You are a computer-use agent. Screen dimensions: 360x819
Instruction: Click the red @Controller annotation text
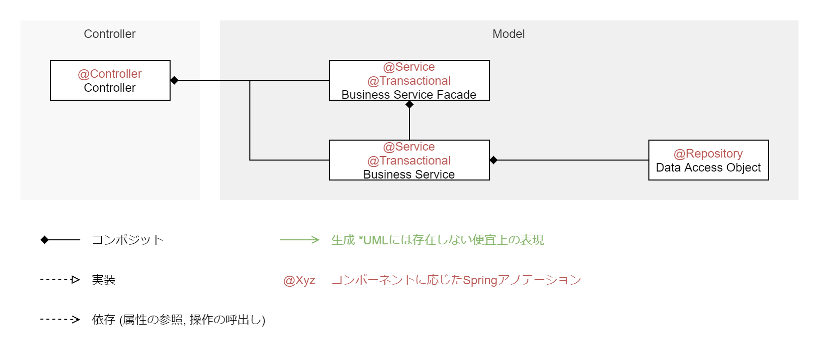coord(110,74)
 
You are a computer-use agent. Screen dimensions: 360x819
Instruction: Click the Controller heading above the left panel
coord(110,34)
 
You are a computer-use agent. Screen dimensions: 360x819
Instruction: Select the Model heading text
coord(508,34)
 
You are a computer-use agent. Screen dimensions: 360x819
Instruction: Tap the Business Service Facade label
coord(409,95)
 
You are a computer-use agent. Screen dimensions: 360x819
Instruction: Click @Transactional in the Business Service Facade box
coord(409,81)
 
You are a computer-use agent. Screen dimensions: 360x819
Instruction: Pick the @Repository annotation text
coord(708,154)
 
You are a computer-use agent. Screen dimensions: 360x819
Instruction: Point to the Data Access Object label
coord(708,168)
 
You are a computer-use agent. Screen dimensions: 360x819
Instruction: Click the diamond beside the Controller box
coord(174,80)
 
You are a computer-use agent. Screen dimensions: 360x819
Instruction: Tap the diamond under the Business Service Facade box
coord(409,104)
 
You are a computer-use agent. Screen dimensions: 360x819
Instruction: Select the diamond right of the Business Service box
coord(493,160)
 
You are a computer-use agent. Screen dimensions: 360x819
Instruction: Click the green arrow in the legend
coord(299,240)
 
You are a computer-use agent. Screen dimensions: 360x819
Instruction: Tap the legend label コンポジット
coord(128,240)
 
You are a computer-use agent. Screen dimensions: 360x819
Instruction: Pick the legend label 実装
coord(104,280)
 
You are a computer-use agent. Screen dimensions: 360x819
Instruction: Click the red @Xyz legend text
coord(299,280)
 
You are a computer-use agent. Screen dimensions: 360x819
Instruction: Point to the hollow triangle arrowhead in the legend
coord(75,280)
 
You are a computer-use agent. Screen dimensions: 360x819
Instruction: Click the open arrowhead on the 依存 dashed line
coord(76,320)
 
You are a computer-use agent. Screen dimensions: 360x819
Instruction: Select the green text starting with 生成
coord(437,240)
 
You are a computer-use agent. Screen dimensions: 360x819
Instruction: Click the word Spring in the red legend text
coord(480,280)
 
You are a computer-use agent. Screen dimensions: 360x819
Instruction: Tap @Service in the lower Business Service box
coord(409,147)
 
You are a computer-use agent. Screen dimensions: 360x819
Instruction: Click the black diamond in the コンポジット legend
coord(44,240)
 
